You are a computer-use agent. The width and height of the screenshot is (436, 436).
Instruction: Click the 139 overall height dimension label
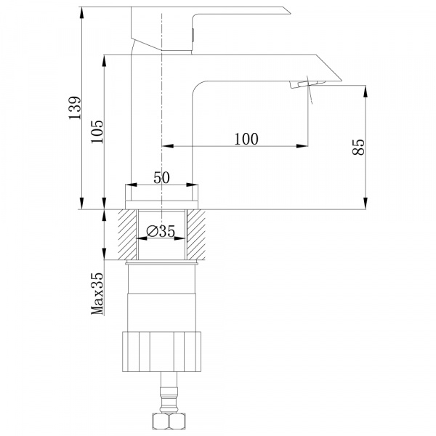[x=75, y=108]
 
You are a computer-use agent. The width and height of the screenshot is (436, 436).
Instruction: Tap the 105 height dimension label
[x=97, y=132]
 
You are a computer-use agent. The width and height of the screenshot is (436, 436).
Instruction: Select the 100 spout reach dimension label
[x=246, y=139]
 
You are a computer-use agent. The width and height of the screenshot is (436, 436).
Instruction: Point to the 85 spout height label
[x=358, y=147]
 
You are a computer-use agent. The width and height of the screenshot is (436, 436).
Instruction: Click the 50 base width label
[x=161, y=178]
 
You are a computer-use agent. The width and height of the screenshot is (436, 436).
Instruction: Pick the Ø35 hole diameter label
[x=161, y=231]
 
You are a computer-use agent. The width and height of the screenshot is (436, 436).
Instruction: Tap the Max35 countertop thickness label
[x=97, y=294]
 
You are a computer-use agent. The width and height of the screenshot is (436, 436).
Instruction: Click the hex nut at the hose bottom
[x=162, y=421]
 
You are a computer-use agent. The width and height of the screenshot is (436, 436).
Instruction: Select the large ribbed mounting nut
[x=161, y=352]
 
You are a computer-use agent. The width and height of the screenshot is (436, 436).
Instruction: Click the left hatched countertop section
[x=127, y=235]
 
